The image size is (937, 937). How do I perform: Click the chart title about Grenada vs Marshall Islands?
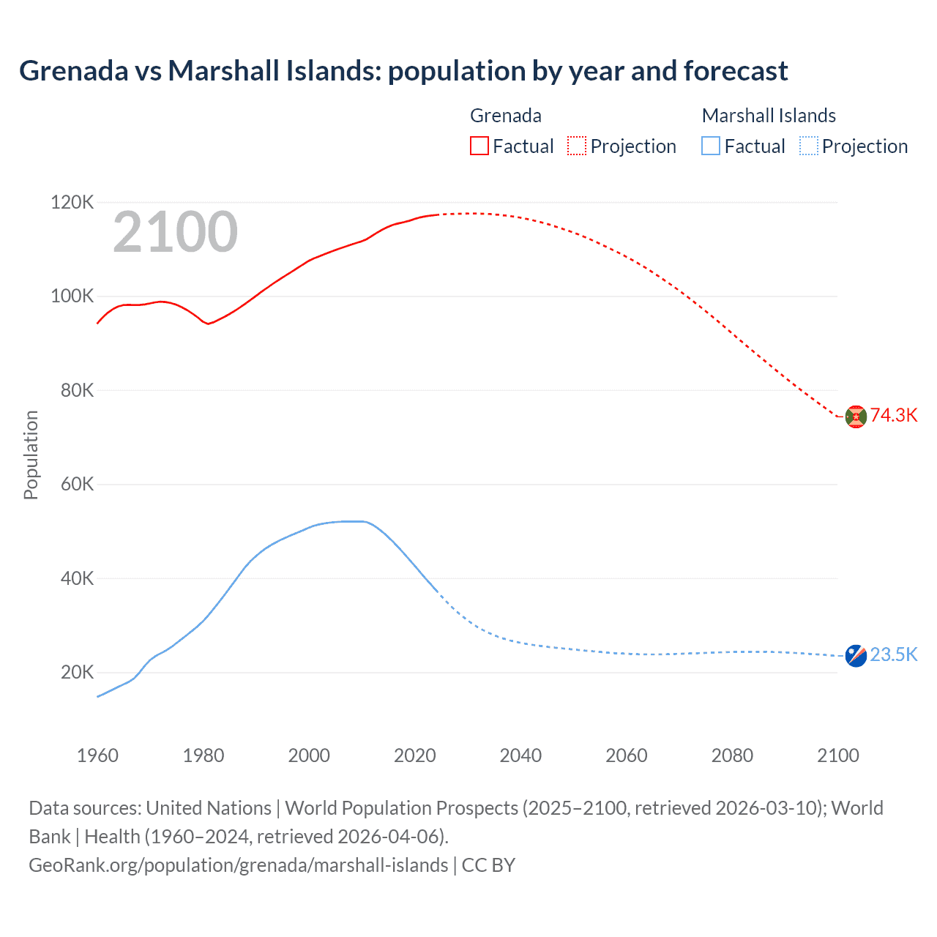403,71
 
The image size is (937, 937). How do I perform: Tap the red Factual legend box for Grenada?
479,146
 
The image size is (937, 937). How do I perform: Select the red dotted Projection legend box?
577,146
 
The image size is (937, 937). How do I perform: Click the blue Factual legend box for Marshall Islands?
711,146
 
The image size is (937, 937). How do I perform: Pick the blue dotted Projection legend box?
809,146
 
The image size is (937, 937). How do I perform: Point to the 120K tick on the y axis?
72,202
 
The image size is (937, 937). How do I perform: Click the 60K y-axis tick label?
76,484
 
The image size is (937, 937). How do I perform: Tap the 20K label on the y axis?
77,672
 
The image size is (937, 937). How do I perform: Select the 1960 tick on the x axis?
97,755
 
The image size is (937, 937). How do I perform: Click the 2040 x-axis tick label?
520,755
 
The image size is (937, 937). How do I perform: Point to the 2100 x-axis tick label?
838,755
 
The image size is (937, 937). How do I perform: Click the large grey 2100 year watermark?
175,232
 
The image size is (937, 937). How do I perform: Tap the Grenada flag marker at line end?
856,416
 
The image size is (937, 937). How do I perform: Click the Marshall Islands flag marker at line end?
856,655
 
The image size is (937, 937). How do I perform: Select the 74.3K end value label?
894,415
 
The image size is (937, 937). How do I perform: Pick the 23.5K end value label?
894,654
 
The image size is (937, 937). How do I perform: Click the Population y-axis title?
31,455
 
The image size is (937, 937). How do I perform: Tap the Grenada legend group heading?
505,116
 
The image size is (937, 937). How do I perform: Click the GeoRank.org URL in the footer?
238,865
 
